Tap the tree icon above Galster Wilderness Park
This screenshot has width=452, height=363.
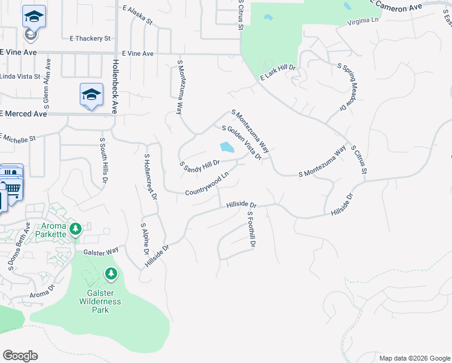(x=111, y=275)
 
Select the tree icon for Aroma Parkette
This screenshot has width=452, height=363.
(x=76, y=229)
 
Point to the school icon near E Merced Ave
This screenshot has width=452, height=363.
(x=91, y=95)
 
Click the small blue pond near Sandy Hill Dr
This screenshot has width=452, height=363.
(x=227, y=147)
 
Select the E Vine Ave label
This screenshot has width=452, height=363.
(x=137, y=54)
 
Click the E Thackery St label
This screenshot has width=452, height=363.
(x=90, y=38)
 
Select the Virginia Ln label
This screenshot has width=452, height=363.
(x=363, y=21)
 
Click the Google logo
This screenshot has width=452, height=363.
(x=20, y=356)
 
